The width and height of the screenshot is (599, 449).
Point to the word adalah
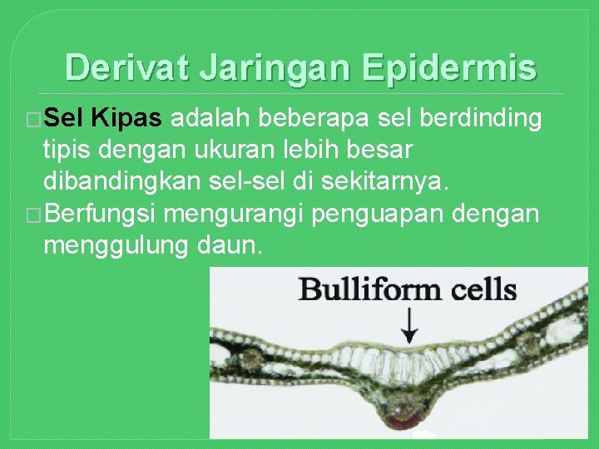pyautogui.click(x=210, y=119)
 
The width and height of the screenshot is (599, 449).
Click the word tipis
pyautogui.click(x=69, y=151)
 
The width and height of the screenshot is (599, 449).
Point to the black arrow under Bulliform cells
pyautogui.click(x=408, y=326)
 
